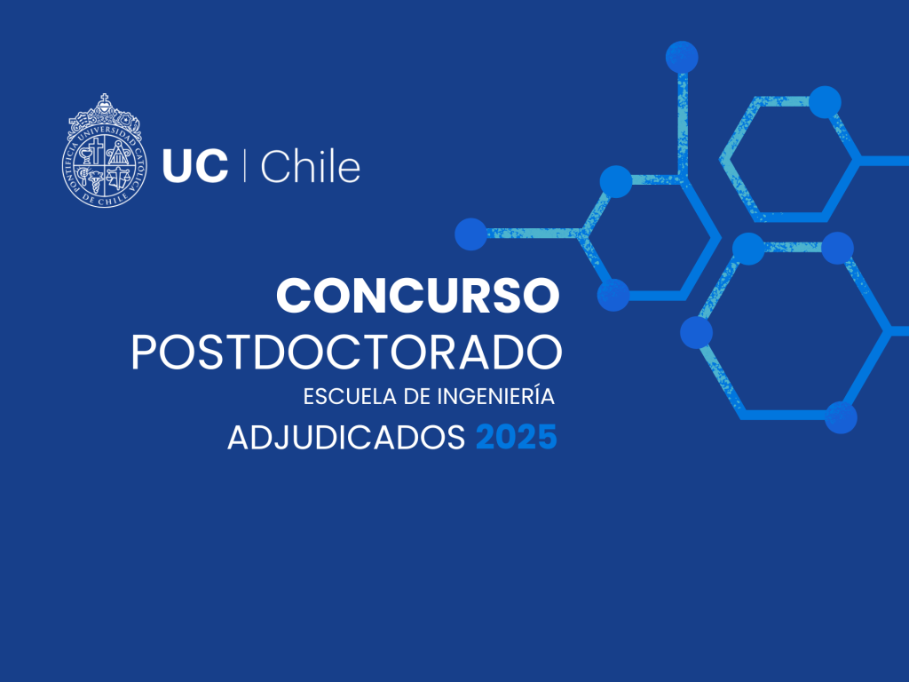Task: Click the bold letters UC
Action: [x=194, y=166]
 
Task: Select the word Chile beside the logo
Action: [x=310, y=165]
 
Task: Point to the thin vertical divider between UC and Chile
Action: [x=244, y=165]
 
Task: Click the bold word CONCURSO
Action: [x=418, y=295]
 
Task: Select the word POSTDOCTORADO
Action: [x=347, y=352]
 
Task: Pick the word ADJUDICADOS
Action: [x=346, y=437]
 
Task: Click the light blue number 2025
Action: [x=517, y=437]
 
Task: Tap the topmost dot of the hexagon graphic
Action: [x=682, y=57]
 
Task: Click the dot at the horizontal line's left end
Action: [x=470, y=234]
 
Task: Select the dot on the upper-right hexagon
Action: [x=825, y=102]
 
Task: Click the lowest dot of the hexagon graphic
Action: [x=841, y=417]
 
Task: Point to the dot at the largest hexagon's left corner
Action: [x=696, y=332]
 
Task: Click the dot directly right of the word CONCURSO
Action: [x=613, y=295]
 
